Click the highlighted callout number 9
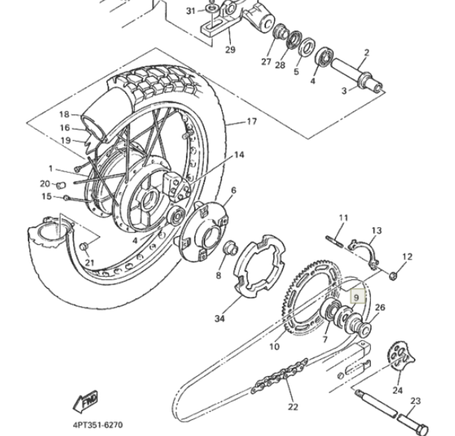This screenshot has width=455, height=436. pos(357,297)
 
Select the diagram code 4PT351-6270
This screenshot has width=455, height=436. pos(97,425)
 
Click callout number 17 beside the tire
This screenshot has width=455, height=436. pos(251,122)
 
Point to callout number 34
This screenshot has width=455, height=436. pos(220,319)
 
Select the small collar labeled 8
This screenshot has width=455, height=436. pos(231,247)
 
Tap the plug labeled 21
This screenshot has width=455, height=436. pos(84,247)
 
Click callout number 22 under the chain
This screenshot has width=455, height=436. pos(293,407)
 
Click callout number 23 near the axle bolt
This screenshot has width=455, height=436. pos(415,401)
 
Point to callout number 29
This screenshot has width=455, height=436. pos(230,50)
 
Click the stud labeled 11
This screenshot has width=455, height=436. pos(335,242)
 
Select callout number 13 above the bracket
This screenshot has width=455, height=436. pos(377,231)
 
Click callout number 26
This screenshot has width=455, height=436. pos(380,308)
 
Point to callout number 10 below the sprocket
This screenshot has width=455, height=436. pos(274,347)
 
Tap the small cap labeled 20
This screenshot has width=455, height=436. pos(60,185)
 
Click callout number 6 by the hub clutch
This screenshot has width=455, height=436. pos(234,191)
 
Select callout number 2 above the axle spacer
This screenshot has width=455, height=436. pos(367,53)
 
